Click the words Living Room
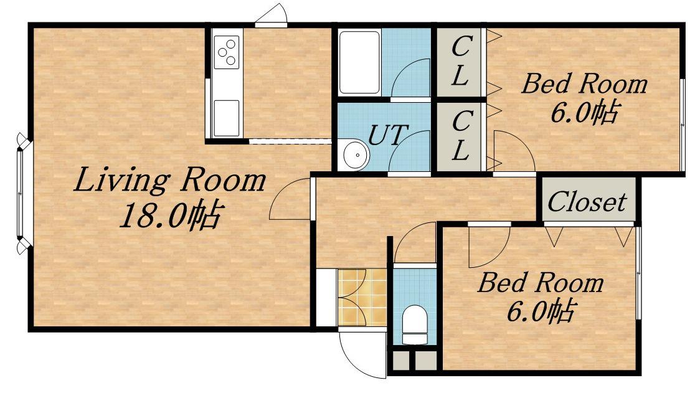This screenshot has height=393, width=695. (x=169, y=181)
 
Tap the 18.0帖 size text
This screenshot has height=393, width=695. (x=171, y=215)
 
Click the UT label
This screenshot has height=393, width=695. (x=388, y=135)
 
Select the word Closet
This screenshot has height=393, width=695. (x=587, y=202)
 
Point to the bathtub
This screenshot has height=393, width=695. (x=360, y=62)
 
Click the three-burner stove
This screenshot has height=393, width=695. (x=227, y=52)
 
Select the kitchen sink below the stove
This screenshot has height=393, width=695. (x=227, y=118)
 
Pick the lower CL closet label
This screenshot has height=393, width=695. (x=461, y=136)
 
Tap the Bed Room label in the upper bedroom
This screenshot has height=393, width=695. (x=584, y=83)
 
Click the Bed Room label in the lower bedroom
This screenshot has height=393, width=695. (x=541, y=283)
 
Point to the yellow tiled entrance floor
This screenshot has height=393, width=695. (x=362, y=297)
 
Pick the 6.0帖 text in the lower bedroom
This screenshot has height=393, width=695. (x=541, y=311)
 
